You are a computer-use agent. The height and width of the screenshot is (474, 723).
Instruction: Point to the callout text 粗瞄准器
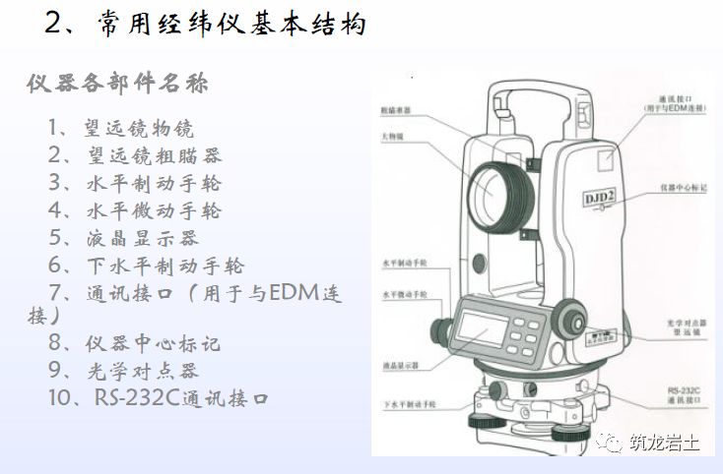click(x=393, y=110)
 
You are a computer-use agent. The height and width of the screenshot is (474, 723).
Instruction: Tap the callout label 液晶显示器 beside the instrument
click(x=400, y=365)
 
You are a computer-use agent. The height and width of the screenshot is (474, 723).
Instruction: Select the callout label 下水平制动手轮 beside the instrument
click(x=403, y=404)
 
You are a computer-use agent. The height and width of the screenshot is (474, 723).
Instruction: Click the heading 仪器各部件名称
click(x=117, y=83)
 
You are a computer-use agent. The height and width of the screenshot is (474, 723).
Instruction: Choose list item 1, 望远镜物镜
click(x=120, y=129)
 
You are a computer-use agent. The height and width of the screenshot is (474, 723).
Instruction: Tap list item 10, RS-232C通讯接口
click(x=158, y=398)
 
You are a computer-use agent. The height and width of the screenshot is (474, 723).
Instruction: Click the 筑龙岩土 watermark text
click(x=665, y=444)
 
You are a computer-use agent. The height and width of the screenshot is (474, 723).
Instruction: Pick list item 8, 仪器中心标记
click(x=134, y=343)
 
